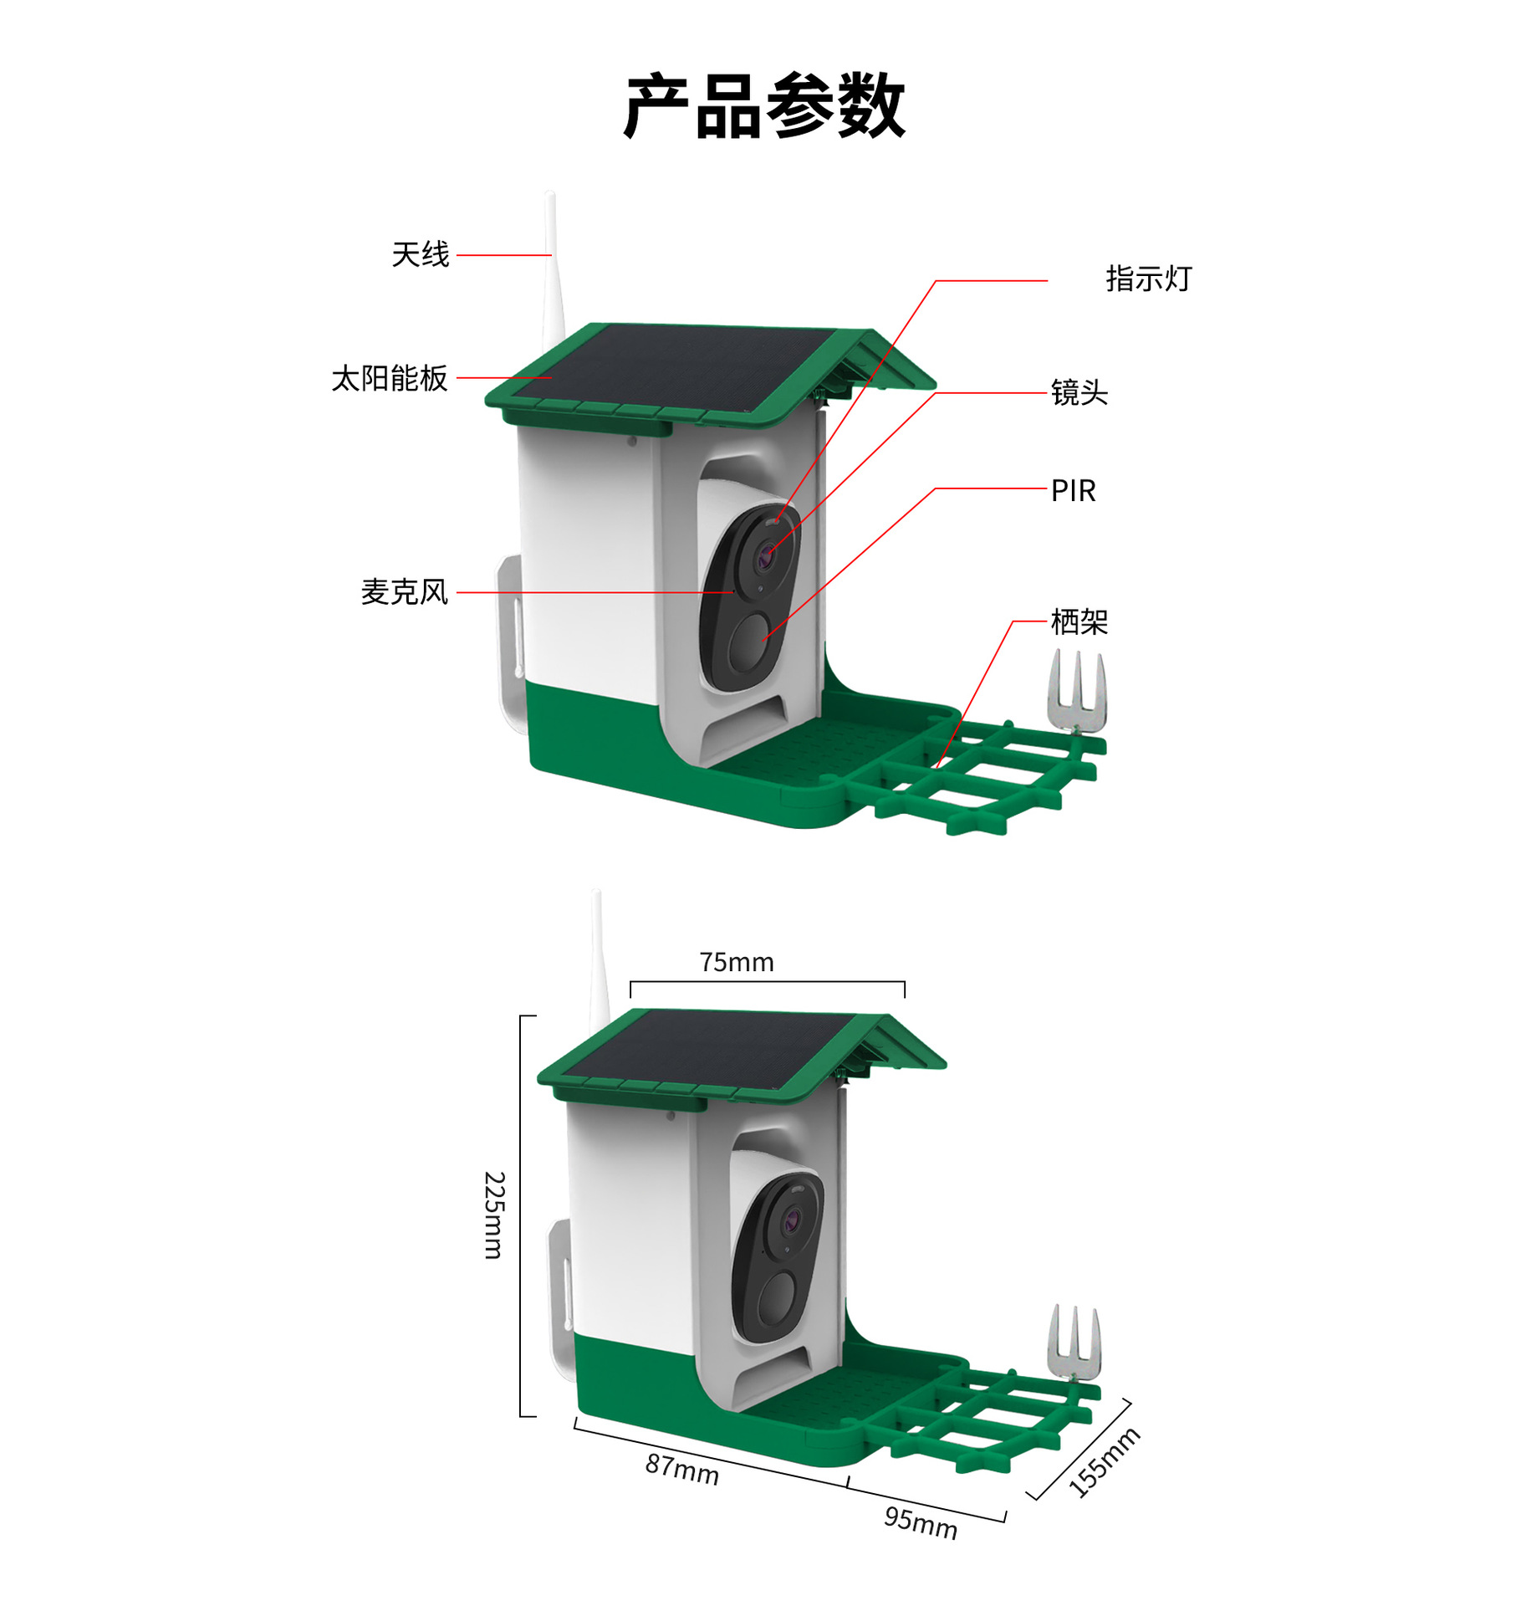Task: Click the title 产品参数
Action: (763, 106)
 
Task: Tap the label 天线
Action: (420, 254)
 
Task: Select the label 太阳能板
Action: (390, 378)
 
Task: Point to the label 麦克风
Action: (404, 592)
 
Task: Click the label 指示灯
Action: (1148, 279)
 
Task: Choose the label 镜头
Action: (1079, 392)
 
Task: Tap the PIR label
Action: (1073, 490)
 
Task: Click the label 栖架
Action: (1079, 621)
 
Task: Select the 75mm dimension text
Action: (737, 962)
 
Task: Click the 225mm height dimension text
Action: (494, 1215)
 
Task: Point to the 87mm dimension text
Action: (681, 1469)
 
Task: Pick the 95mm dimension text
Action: (920, 1522)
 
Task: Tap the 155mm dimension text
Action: (1104, 1462)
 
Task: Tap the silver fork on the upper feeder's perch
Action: (1077, 690)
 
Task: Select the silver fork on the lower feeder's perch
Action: (1074, 1343)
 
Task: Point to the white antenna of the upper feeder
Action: (551, 268)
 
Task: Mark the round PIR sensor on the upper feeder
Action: (749, 642)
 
